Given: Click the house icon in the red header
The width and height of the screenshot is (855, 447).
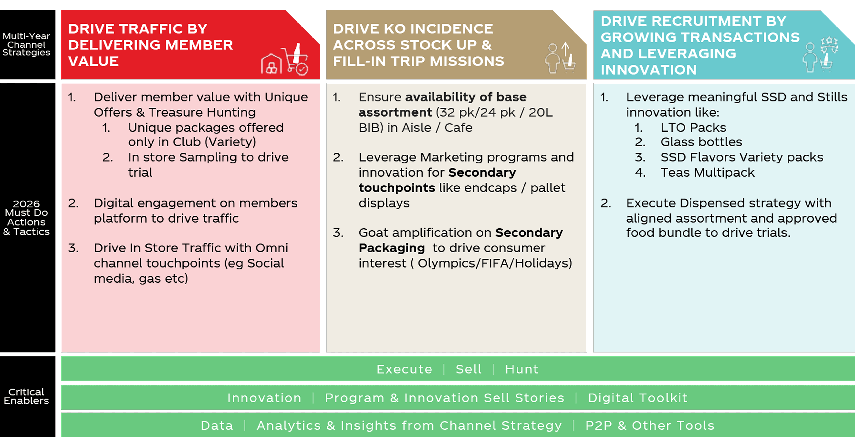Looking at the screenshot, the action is (271, 64).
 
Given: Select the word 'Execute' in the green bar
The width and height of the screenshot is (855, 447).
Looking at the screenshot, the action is (404, 369).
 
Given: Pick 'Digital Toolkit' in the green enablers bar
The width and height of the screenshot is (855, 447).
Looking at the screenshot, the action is (638, 398).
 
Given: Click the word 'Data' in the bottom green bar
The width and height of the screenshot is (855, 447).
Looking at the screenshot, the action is (217, 425).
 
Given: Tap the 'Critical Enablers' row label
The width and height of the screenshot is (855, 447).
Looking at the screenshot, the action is (26, 396).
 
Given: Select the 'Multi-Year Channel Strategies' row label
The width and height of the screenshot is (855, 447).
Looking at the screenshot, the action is (26, 44).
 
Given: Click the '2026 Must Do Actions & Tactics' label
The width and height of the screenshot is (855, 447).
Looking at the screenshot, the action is (26, 218).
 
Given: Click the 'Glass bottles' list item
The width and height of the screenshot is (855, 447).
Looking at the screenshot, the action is (701, 142).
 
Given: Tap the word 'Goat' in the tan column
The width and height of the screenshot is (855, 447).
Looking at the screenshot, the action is (372, 232).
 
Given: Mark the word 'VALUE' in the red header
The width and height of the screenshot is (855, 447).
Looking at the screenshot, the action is (93, 61).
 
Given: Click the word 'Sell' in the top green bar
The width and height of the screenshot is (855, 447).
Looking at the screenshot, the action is (468, 369).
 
